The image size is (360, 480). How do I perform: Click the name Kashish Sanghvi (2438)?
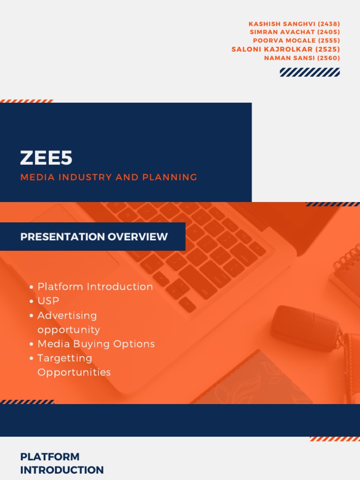(294, 23)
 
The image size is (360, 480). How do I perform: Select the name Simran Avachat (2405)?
(295, 32)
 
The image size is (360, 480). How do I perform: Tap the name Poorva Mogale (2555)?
(296, 40)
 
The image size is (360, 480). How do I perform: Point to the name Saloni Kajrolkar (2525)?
(285, 49)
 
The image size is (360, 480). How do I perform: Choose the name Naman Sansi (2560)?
(302, 58)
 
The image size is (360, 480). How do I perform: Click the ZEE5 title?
(46, 158)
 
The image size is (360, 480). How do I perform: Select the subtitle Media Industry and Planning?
(108, 177)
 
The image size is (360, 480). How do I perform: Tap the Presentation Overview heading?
(94, 237)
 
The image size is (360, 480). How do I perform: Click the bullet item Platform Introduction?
(95, 286)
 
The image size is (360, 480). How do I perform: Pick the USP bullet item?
(48, 301)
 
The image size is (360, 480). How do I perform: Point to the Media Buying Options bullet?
(96, 344)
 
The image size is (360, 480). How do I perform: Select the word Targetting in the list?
(65, 358)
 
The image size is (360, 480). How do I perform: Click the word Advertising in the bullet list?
(67, 315)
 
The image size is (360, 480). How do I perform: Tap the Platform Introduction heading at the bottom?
(62, 463)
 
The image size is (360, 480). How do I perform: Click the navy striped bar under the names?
(309, 72)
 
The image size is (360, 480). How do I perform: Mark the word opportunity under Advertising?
(68, 330)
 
